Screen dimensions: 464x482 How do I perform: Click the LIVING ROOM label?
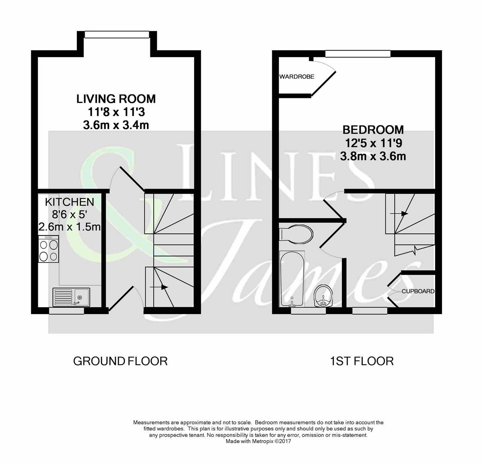(x=116, y=98)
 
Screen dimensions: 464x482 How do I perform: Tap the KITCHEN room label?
(x=70, y=202)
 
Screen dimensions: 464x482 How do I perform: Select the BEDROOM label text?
(x=373, y=129)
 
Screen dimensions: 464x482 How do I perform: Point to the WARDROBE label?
(x=296, y=77)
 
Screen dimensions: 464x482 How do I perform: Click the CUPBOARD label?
(x=418, y=291)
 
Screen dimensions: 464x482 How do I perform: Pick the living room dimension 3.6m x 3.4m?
(x=116, y=125)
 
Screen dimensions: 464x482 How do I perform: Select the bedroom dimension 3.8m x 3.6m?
(x=373, y=156)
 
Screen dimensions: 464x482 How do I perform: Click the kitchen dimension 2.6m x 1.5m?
(x=70, y=226)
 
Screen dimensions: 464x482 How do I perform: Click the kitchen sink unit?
(x=71, y=297)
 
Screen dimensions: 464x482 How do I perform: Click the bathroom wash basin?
(x=323, y=296)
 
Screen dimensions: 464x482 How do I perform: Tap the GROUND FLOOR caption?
(x=120, y=361)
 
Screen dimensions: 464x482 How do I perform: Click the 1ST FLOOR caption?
(x=361, y=361)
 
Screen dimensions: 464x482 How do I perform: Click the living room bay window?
(x=117, y=35)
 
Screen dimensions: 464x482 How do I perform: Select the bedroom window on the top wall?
(x=358, y=54)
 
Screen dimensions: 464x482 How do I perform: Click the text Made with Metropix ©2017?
(x=258, y=441)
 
